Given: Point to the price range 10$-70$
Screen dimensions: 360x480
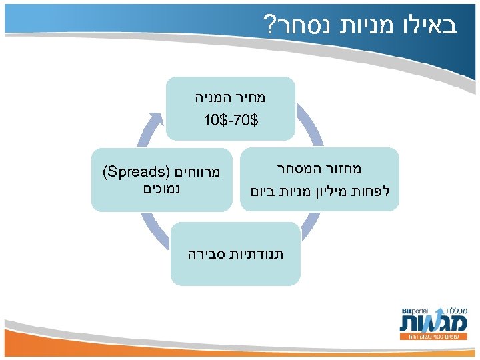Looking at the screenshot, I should pos(230,121).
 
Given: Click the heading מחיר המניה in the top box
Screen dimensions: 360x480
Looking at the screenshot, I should pos(230,97).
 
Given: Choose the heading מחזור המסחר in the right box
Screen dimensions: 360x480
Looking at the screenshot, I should pos(326,169).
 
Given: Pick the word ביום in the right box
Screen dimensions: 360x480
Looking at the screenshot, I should pos(262,191).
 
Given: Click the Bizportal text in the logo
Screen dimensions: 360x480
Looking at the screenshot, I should pos(415,311).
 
